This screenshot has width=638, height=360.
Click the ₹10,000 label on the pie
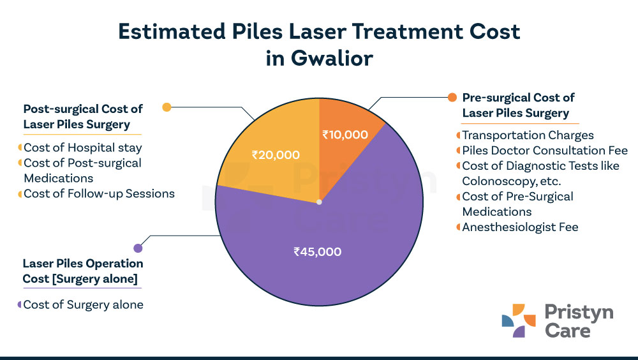345,135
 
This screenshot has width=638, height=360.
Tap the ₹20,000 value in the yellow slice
276,154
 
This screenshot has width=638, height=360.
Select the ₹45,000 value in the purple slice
317,251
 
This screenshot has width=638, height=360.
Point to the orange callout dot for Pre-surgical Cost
452,98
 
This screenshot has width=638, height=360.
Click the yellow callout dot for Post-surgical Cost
167,107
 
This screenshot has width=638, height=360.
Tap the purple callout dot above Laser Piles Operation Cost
137,248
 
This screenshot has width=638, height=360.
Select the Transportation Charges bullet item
528,135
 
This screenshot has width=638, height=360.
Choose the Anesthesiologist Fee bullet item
520,227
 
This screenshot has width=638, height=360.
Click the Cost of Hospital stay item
83,147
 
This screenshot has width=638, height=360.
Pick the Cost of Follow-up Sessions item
99,193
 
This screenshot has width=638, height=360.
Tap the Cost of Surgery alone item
83,304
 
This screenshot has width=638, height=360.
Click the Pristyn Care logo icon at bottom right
514,321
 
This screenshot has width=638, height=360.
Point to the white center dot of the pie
319,202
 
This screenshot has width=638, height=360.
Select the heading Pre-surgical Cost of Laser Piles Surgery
517,105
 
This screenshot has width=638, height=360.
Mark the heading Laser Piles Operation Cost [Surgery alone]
83,271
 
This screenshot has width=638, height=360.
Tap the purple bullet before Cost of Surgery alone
20,304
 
